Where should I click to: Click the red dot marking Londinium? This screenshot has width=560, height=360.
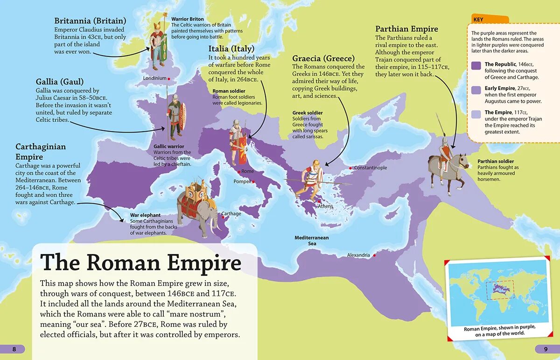pyautogui.click(x=168, y=78)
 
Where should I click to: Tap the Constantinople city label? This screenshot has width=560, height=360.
pyautogui.click(x=370, y=168)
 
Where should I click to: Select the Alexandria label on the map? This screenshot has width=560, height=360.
pyautogui.click(x=358, y=255)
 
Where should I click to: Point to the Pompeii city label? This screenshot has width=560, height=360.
pyautogui.click(x=243, y=181)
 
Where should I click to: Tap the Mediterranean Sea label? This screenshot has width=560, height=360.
pyautogui.click(x=311, y=240)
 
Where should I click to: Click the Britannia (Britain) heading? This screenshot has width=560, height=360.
pyautogui.click(x=90, y=21)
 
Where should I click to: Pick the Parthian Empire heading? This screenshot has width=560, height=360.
pyautogui.click(x=406, y=29)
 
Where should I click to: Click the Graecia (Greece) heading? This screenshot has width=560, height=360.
pyautogui.click(x=326, y=58)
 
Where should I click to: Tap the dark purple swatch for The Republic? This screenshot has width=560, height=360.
pyautogui.click(x=476, y=66)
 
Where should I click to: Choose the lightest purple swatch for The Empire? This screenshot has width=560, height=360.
pyautogui.click(x=476, y=114)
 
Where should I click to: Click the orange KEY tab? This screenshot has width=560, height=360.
pyautogui.click(x=488, y=20)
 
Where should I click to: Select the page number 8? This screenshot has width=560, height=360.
pyautogui.click(x=14, y=349)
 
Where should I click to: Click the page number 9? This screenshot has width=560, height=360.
pyautogui.click(x=545, y=349)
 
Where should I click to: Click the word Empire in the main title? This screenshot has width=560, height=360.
pyautogui.click(x=204, y=263)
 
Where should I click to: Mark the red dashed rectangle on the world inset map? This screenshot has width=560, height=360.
pyautogui.click(x=500, y=290)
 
